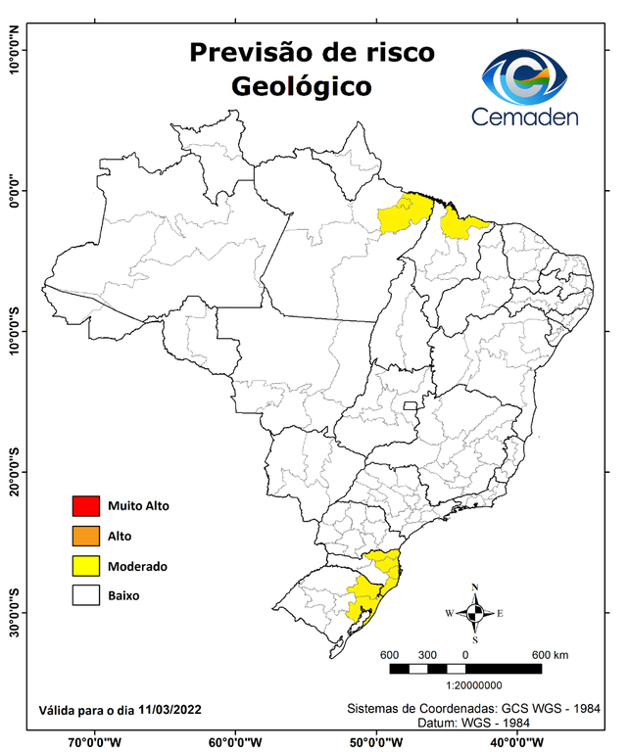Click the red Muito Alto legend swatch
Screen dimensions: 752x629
tap(85, 506)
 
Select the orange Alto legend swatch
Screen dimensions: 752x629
tap(85, 536)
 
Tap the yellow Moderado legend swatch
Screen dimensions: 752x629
tap(85, 565)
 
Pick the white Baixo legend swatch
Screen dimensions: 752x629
tap(85, 594)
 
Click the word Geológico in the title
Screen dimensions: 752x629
tap(301, 86)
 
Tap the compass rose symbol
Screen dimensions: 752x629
tap(474, 614)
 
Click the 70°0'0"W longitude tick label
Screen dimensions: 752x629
tap(94, 741)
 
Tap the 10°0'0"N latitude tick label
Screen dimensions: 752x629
tap(15, 50)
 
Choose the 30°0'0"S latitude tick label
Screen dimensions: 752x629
tap(15, 612)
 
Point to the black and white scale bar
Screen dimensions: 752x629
tap(465, 669)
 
